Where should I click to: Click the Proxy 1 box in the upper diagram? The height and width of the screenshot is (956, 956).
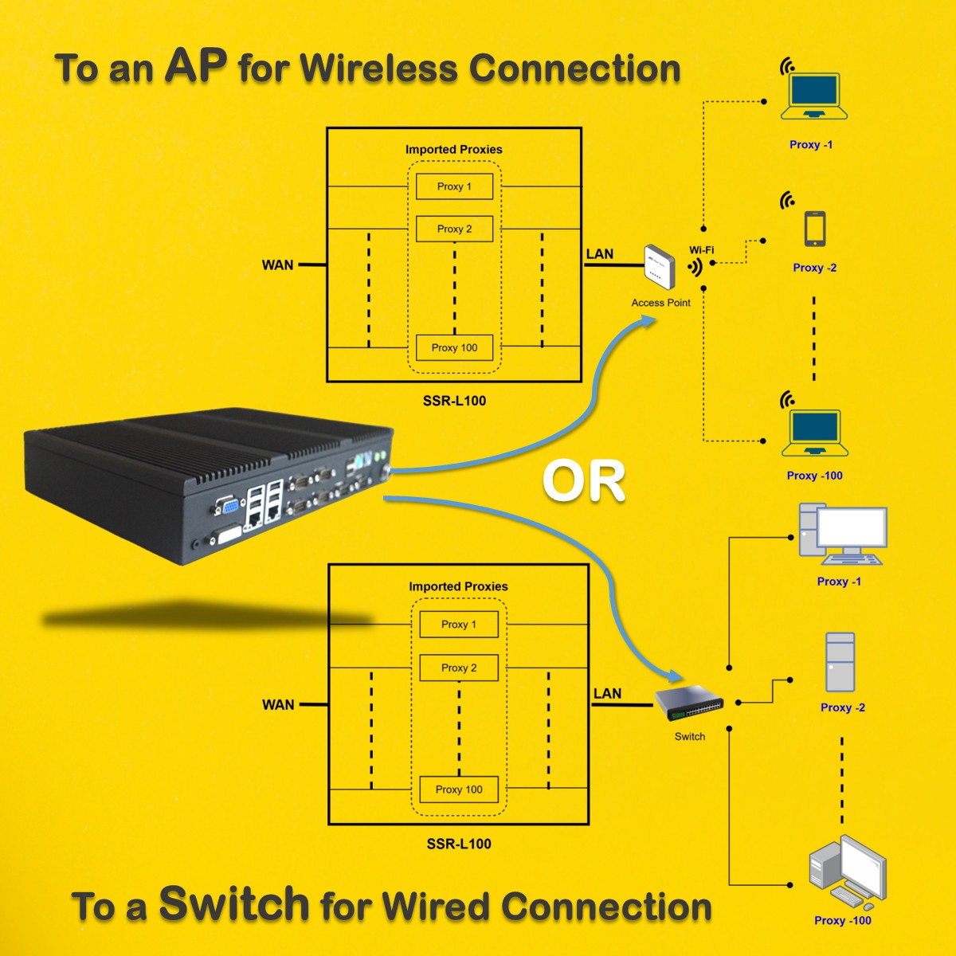pos(454,186)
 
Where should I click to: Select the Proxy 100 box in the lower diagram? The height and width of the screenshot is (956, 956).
pos(459,789)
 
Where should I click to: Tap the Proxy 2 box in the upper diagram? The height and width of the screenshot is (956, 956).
pos(454,229)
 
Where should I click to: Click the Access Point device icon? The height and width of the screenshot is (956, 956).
pos(660,267)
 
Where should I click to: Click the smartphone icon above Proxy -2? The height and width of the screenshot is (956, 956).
pos(815,228)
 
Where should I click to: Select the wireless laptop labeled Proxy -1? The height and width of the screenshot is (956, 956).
pos(814,96)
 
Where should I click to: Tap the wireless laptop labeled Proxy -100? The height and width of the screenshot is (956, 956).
pos(815,433)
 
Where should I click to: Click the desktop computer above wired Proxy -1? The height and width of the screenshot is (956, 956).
pos(842,535)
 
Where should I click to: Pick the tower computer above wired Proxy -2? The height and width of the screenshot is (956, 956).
pos(840,662)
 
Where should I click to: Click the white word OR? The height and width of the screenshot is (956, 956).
pos(583,480)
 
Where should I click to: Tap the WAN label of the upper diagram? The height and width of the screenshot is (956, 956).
pos(277,265)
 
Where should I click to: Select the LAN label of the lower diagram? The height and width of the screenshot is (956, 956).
pos(607,693)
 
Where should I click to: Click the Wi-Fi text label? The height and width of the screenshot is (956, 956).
pos(702,249)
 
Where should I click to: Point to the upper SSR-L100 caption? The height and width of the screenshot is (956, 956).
pos(454,401)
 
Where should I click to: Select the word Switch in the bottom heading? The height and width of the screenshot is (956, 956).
pos(234,903)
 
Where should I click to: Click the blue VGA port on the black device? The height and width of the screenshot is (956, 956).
pos(229,507)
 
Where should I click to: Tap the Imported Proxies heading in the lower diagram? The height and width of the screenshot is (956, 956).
pos(458,586)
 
